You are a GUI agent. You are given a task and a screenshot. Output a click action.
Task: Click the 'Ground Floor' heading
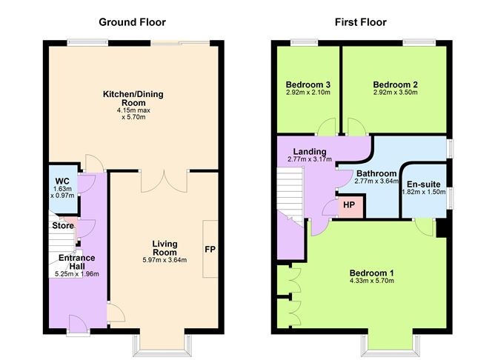pyautogui.click(x=133, y=22)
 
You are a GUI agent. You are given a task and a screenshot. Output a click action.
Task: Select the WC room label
pyautogui.click(x=62, y=181)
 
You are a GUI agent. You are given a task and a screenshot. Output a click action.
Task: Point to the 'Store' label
pyautogui.click(x=63, y=225)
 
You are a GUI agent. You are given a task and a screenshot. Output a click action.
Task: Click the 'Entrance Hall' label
pyautogui.click(x=76, y=261)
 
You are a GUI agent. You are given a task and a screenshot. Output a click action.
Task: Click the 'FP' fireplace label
pyautogui.click(x=210, y=250)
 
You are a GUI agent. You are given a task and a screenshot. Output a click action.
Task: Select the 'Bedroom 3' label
pyautogui.click(x=308, y=84)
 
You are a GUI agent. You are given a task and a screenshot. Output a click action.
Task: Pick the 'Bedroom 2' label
pyautogui.click(x=395, y=84)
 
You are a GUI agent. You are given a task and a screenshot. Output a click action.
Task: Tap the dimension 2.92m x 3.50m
pyautogui.click(x=395, y=93)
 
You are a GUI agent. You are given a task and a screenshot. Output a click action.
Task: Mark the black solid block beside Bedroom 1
pyautogui.click(x=442, y=227)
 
